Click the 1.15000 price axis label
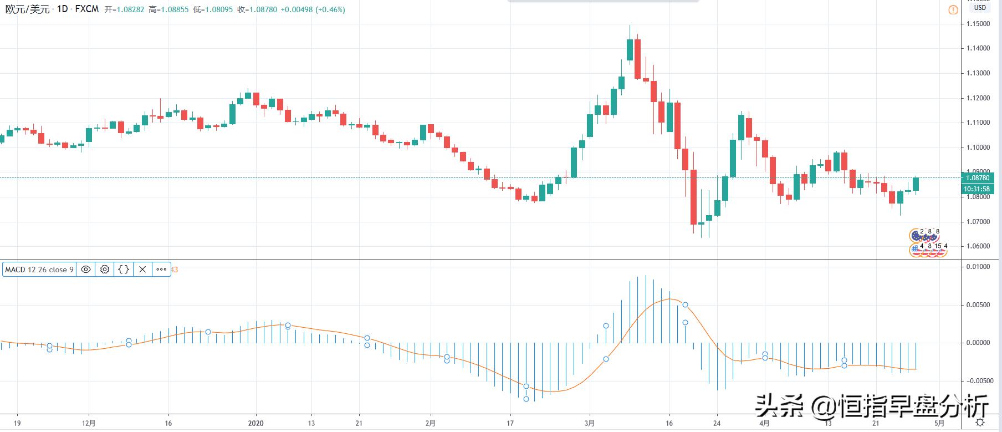(978, 24)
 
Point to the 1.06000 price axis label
(978, 246)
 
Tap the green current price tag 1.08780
(978, 178)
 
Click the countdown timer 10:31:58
(978, 189)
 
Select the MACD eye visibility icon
(86, 270)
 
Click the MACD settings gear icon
(105, 270)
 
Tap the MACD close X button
(142, 270)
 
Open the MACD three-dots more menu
(161, 270)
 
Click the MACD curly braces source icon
(124, 270)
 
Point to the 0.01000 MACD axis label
(978, 267)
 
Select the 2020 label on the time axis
(256, 423)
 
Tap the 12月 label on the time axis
(88, 423)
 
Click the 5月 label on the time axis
(939, 423)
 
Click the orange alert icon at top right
(953, 10)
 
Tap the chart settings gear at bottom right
(980, 423)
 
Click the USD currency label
(980, 8)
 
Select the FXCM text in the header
(86, 9)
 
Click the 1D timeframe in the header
(62, 9)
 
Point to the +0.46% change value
(330, 9)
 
